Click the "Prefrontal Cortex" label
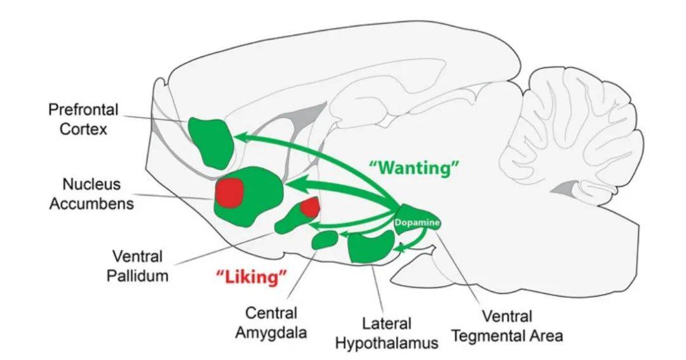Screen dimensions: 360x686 point(83,119)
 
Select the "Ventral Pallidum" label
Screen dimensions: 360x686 point(138,265)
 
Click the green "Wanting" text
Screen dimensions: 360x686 point(414,167)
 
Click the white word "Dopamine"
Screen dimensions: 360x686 point(417,222)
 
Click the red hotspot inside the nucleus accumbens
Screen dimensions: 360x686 point(229,192)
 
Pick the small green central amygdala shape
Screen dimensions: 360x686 point(325,239)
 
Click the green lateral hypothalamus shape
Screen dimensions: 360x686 point(370,246)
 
